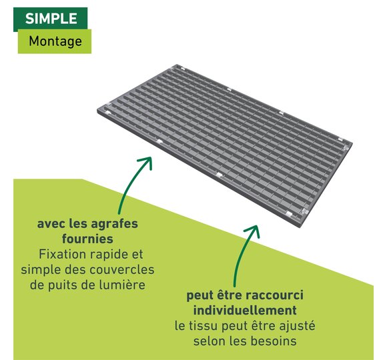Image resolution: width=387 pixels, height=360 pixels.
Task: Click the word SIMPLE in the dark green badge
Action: (x=51, y=19)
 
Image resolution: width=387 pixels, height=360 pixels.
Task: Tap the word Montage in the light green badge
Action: (x=55, y=41)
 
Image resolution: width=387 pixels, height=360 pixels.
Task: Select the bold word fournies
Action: (x=87, y=239)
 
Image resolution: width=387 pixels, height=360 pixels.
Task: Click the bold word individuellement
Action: (x=245, y=310)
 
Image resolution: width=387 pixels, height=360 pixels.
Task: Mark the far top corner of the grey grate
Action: (x=177, y=65)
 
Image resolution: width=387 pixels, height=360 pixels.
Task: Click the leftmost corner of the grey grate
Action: (x=97, y=111)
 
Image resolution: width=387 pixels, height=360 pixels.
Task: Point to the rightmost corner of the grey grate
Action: (x=352, y=143)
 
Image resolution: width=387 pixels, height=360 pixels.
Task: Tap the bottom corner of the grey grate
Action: (x=300, y=227)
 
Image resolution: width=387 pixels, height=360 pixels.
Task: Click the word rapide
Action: (x=109, y=255)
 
